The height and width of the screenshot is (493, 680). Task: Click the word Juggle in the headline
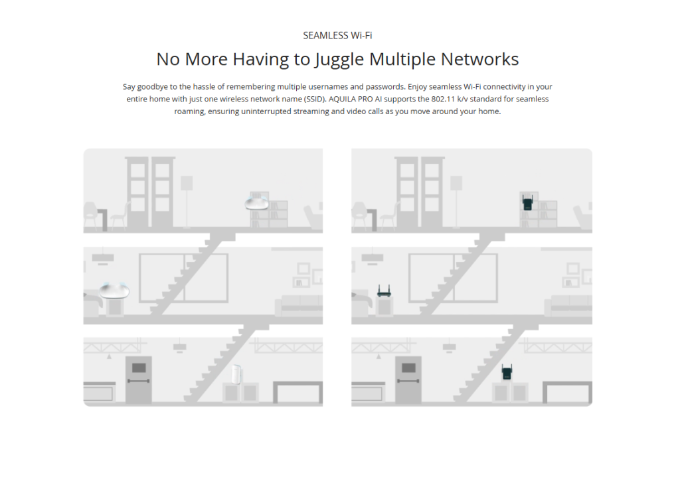click(339, 60)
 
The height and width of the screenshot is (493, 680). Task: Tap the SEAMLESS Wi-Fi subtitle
click(337, 36)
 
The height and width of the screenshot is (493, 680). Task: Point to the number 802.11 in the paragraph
click(443, 99)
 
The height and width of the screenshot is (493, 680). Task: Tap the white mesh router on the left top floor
click(257, 202)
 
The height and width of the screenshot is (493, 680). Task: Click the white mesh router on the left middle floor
click(114, 290)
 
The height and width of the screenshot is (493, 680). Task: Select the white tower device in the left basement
click(236, 374)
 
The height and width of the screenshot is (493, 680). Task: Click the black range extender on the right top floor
click(527, 202)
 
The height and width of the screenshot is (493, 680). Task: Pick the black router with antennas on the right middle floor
click(384, 291)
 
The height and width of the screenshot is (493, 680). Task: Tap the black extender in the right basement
click(507, 372)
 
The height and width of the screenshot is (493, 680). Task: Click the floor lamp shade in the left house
click(187, 183)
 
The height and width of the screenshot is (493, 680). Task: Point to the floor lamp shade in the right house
click(456, 183)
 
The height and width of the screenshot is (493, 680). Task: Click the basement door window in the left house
click(139, 368)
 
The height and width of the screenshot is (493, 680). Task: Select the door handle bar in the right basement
click(408, 381)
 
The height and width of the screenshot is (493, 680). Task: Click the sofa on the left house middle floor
click(299, 305)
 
